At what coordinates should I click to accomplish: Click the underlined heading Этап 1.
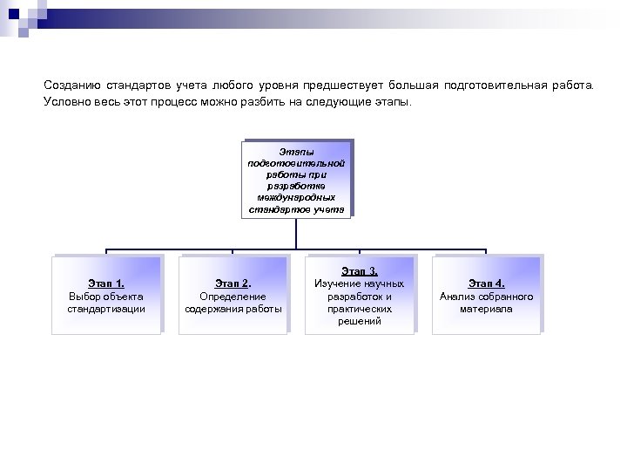(x=107, y=283)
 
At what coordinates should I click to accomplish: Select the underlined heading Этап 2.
(x=233, y=283)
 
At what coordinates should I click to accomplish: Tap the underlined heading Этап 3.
(x=359, y=271)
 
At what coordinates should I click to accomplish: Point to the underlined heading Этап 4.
(x=486, y=283)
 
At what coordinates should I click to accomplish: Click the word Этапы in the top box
(x=297, y=151)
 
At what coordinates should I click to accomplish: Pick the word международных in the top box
(x=297, y=197)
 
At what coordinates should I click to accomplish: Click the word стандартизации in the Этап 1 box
(x=107, y=309)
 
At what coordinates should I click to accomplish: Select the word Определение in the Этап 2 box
(x=233, y=297)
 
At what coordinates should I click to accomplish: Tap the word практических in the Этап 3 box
(x=359, y=309)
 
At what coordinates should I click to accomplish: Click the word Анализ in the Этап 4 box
(x=456, y=297)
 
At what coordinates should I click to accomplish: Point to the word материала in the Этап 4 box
(x=486, y=309)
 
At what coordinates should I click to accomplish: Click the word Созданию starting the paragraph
(x=72, y=85)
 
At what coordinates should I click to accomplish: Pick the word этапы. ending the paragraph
(x=399, y=101)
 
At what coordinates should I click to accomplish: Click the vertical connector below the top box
(x=297, y=231)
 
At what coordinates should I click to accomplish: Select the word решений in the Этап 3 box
(x=359, y=321)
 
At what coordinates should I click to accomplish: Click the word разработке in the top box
(x=297, y=186)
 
